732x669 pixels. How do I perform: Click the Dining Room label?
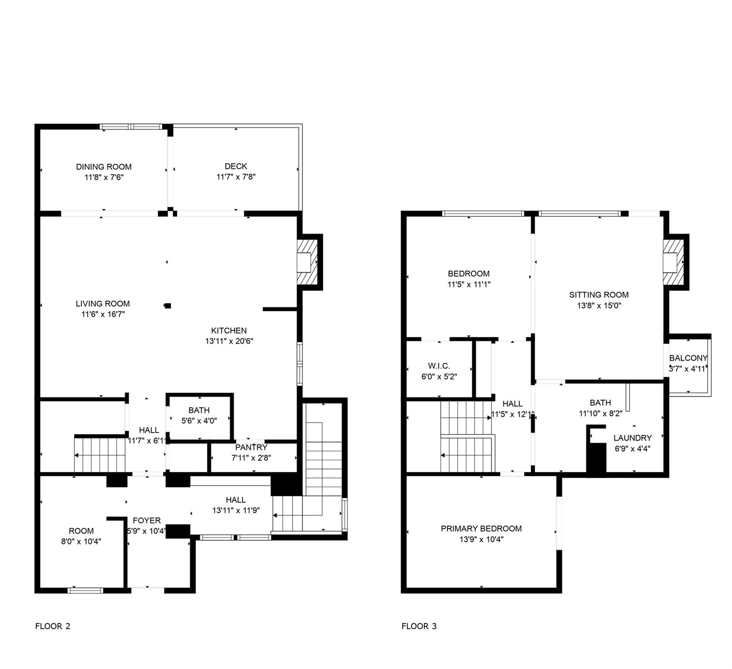click(104, 167)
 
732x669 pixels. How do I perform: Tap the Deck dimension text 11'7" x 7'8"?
click(236, 177)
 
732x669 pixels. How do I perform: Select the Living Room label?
click(103, 304)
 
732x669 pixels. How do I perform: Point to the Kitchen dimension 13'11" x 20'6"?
click(229, 341)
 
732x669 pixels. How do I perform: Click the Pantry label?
click(251, 447)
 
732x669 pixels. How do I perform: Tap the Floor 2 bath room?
click(199, 416)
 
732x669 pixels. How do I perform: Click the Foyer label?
click(147, 520)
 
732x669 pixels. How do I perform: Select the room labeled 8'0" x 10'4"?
click(81, 536)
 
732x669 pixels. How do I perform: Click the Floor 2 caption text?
click(53, 626)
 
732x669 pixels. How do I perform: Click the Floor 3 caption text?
click(419, 626)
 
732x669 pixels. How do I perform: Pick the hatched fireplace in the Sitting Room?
click(673, 262)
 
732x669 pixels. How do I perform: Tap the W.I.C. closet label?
click(439, 366)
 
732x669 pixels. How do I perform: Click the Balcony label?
click(688, 358)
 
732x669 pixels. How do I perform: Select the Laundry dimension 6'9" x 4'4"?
click(632, 449)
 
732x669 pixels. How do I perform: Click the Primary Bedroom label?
click(481, 529)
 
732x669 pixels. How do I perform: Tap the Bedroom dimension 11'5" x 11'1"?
click(469, 284)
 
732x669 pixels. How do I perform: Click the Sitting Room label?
click(599, 295)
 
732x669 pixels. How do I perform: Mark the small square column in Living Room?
click(168, 306)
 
